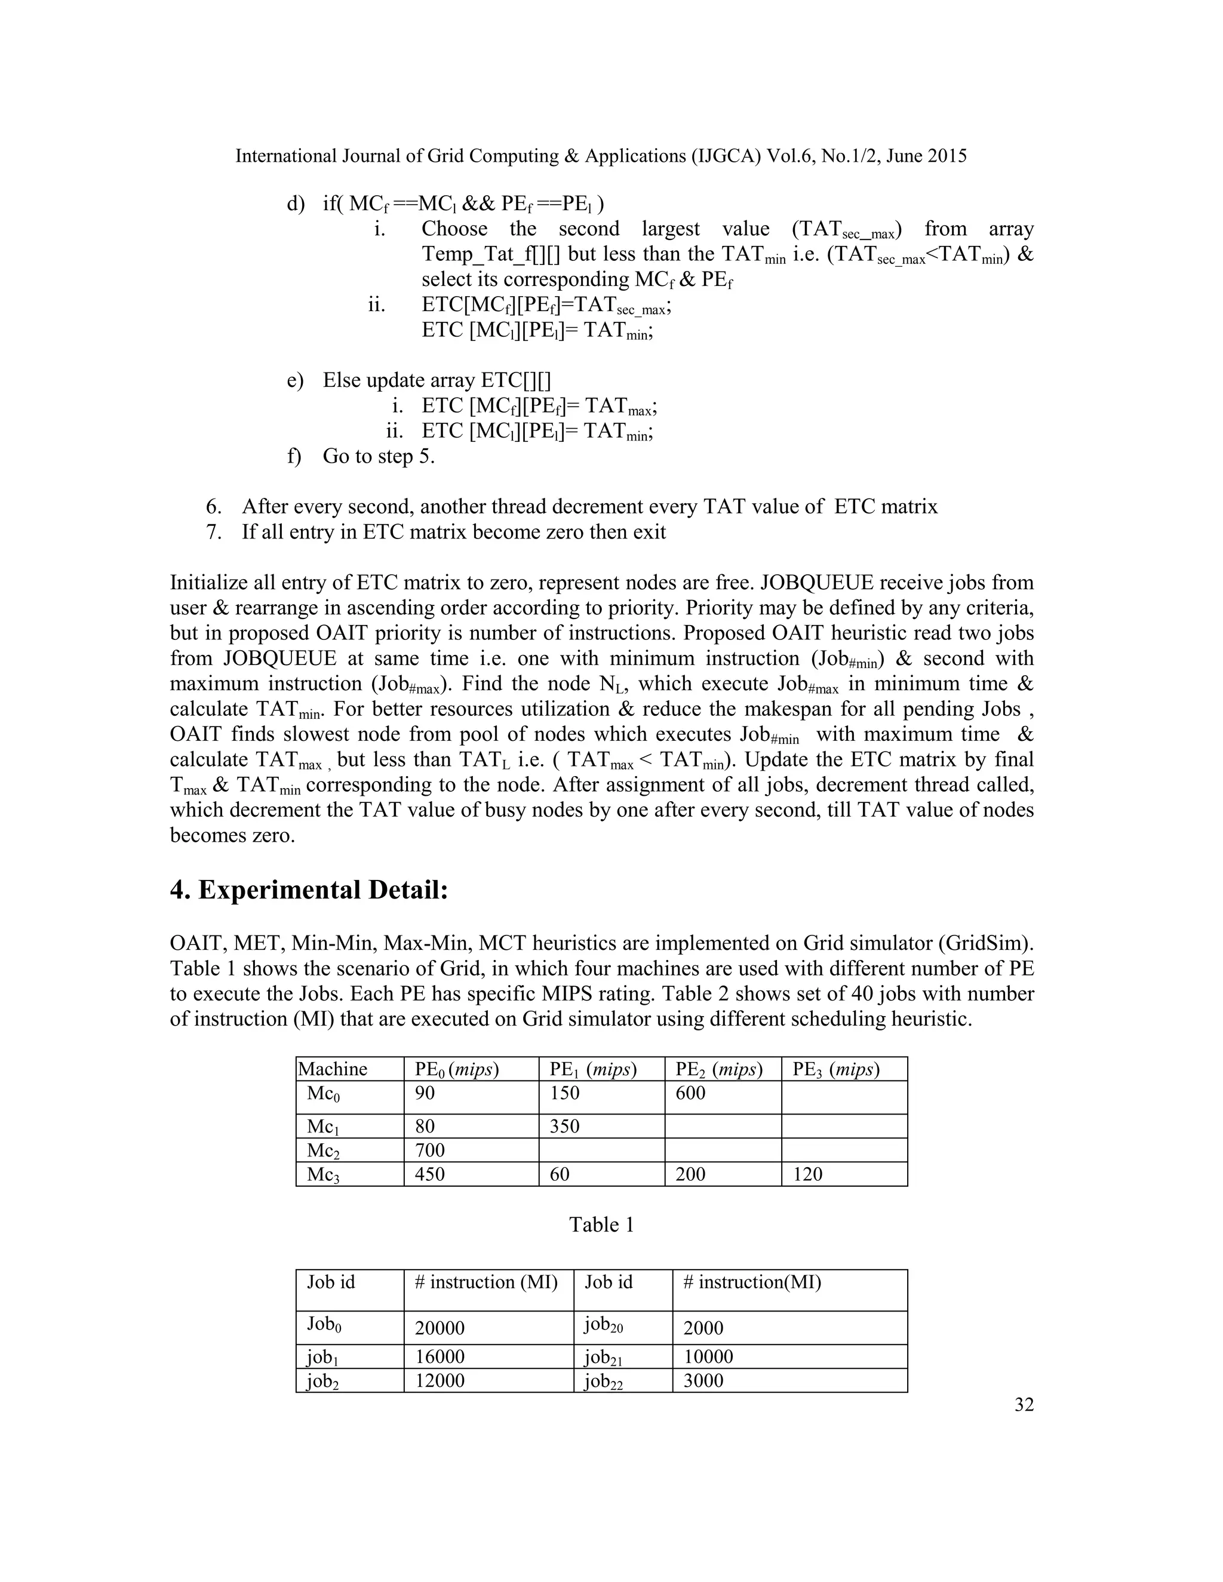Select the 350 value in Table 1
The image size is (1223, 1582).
[x=564, y=1126]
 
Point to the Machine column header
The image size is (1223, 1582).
[x=333, y=1069]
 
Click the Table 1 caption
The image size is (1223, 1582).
[x=601, y=1225]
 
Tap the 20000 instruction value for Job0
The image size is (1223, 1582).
[x=439, y=1328]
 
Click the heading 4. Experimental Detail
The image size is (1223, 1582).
[x=309, y=890]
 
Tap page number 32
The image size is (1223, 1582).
[x=1024, y=1405]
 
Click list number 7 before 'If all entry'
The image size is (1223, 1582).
[x=213, y=533]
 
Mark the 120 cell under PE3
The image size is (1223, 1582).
[x=807, y=1174]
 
